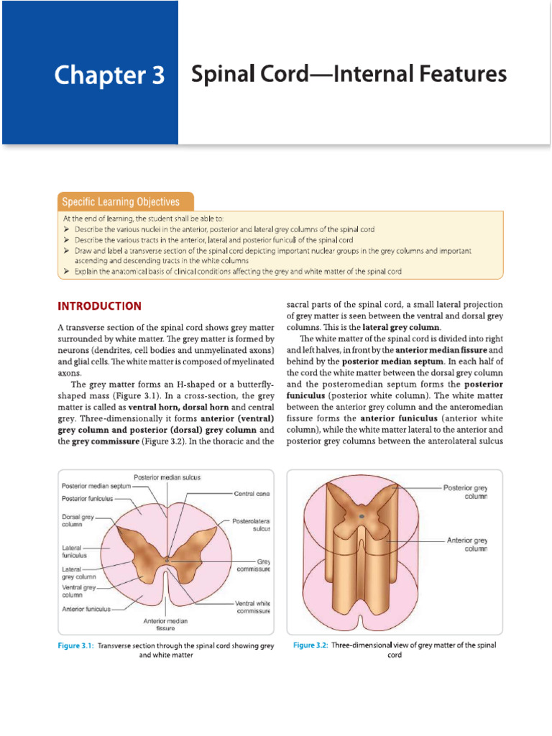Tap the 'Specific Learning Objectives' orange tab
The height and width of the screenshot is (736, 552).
[121, 202]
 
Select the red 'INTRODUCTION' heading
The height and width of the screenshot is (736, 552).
[99, 305]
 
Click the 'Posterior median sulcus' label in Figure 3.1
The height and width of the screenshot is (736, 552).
[167, 477]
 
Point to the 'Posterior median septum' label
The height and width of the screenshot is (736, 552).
[96, 487]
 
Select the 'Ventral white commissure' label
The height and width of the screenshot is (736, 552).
[252, 607]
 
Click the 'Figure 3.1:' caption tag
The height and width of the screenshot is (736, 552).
[76, 646]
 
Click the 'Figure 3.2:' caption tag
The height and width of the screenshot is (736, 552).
[310, 645]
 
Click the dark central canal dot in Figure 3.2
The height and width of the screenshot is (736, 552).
[361, 516]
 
